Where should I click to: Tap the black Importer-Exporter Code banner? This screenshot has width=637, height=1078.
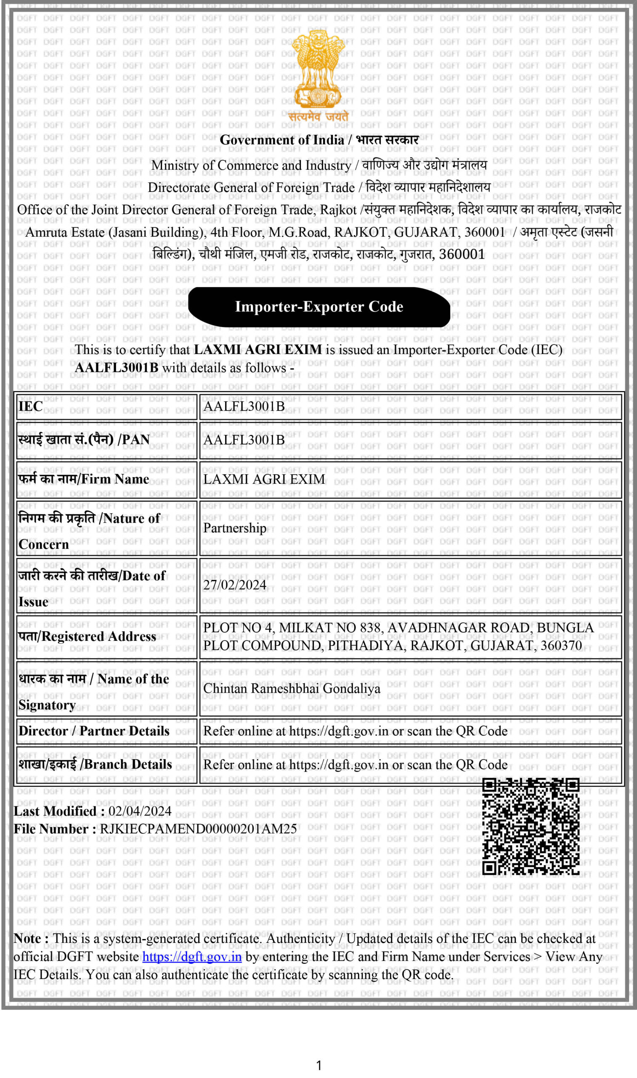tap(319, 307)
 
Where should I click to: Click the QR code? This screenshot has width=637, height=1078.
tap(531, 826)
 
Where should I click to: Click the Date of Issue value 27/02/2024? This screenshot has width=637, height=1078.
tap(234, 584)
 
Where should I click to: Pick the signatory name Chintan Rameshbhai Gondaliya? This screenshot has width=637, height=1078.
tap(292, 688)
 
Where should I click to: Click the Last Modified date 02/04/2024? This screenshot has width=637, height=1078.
tap(140, 811)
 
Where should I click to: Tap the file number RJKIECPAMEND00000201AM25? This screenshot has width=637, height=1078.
tap(198, 828)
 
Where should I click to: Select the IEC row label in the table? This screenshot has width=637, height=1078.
tap(30, 406)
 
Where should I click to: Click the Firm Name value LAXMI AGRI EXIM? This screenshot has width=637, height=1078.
tap(264, 479)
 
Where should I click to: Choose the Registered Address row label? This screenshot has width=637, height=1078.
tap(87, 636)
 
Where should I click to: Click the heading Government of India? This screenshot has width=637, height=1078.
tap(282, 140)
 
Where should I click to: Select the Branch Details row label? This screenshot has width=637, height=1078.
tap(95, 764)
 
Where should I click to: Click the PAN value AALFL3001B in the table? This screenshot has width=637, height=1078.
tap(244, 439)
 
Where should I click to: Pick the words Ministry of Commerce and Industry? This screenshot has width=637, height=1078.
tap(251, 165)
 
